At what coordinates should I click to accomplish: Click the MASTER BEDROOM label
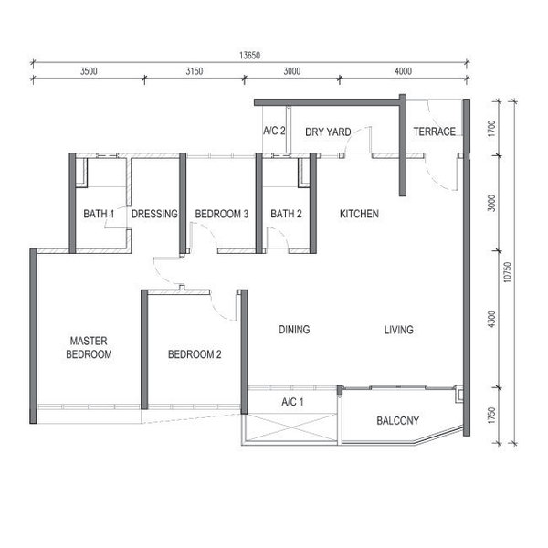coord(89,347)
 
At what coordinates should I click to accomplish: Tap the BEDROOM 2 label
coord(195,354)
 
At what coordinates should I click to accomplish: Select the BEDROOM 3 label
coord(222,214)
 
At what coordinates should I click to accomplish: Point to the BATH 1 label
coord(99,214)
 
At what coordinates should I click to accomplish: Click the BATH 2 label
coord(286,214)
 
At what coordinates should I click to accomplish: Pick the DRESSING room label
coord(155,214)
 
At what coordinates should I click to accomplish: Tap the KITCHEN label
coord(359,214)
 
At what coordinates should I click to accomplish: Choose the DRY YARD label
coord(328,132)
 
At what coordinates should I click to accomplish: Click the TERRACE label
coord(435,132)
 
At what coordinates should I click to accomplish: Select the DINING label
coord(294,329)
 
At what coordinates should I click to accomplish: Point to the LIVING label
coord(399,330)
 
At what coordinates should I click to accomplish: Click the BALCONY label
coord(397,420)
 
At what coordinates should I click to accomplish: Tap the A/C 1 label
coord(292,402)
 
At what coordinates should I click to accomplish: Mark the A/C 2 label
coord(274,131)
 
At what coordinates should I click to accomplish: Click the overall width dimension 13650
coord(249,55)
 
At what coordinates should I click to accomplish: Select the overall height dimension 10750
coord(508,272)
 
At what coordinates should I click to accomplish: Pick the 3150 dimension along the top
coord(195,71)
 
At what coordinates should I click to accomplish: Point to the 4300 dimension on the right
coord(491,319)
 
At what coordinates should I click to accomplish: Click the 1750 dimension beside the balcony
coord(491,416)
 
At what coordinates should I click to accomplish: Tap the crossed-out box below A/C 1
coord(290,428)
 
